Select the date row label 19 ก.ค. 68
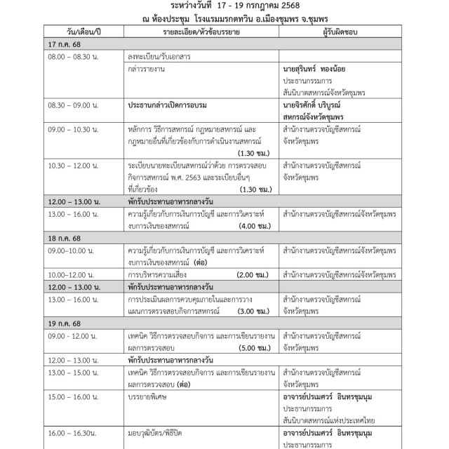[62, 325]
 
